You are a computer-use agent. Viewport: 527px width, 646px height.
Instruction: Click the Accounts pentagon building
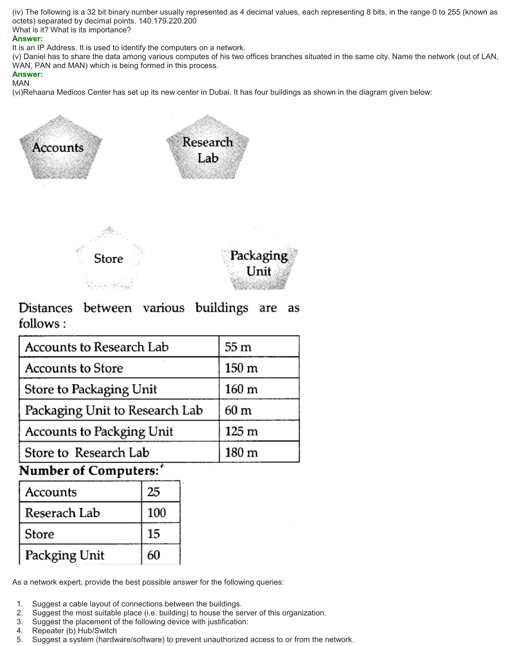click(x=60, y=148)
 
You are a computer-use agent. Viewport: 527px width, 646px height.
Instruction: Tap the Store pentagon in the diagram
click(x=109, y=259)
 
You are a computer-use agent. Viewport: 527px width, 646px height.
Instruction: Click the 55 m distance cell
click(x=238, y=347)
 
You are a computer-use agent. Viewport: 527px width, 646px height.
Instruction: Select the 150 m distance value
click(x=241, y=368)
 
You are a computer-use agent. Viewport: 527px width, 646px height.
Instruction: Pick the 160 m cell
click(x=241, y=389)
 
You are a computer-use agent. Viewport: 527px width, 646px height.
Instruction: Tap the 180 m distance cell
click(x=241, y=453)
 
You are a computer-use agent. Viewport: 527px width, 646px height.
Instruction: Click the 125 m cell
click(x=241, y=431)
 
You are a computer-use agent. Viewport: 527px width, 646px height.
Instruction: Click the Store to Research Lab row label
click(x=87, y=453)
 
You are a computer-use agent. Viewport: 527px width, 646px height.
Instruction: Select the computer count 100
click(x=157, y=513)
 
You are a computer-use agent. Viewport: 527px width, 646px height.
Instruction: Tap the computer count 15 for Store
click(x=153, y=534)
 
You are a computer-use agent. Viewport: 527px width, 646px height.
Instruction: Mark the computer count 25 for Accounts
click(x=153, y=492)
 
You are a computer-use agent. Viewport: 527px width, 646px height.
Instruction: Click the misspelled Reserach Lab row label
click(x=62, y=513)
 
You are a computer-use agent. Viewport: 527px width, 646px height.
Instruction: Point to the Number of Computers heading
click(x=89, y=471)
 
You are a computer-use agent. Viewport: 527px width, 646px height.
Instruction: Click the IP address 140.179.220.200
click(x=167, y=21)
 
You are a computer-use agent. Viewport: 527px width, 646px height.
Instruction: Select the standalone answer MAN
click(x=21, y=83)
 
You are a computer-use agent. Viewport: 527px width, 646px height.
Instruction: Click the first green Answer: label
click(x=28, y=39)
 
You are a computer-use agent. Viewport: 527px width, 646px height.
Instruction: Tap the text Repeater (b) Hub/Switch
click(x=74, y=631)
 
